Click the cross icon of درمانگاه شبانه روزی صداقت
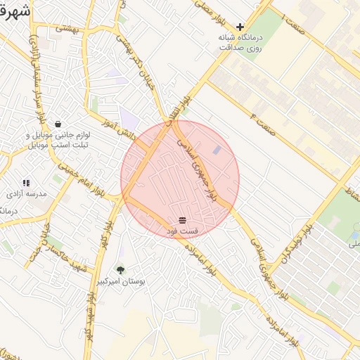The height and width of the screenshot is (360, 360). click(240, 27)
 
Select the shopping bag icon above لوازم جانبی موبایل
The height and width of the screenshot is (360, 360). click(58, 124)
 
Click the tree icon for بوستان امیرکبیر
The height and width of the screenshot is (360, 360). click(120, 269)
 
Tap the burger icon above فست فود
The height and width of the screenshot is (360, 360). click(183, 220)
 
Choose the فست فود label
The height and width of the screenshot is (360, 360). click(183, 231)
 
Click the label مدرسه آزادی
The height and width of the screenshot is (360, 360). click(26, 193)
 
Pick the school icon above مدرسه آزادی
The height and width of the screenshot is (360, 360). click(26, 183)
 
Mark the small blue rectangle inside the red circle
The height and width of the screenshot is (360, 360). click(217, 150)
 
